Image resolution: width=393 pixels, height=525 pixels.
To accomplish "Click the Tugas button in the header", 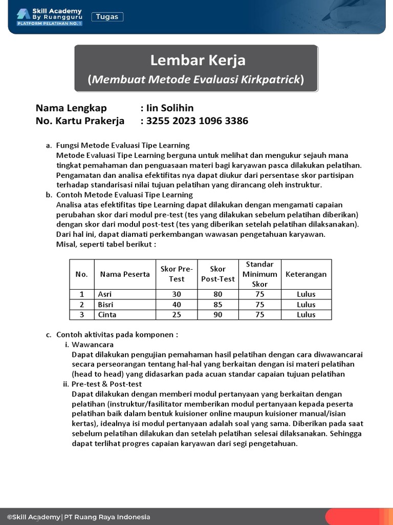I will pyautogui.click(x=107, y=17).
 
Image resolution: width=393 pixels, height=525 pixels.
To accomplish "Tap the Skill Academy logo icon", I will pyautogui.click(x=23, y=14).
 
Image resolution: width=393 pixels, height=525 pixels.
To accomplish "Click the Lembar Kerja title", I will pyautogui.click(x=198, y=60).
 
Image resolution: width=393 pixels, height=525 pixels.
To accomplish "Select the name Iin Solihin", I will pyautogui.click(x=170, y=108).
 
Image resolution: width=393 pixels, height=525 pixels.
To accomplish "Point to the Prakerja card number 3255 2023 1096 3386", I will pyautogui.click(x=197, y=121).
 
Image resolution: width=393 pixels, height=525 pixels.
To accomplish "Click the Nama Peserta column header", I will pyautogui.click(x=125, y=274).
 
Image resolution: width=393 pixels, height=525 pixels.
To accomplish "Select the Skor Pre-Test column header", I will pyautogui.click(x=177, y=274).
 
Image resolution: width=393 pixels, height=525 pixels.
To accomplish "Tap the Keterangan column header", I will pyautogui.click(x=306, y=274).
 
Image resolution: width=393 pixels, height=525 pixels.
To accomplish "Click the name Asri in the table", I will pyautogui.click(x=105, y=294).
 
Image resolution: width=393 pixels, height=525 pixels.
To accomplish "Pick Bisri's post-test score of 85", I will pyautogui.click(x=218, y=305).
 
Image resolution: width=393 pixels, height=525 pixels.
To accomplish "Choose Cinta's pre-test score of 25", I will pyautogui.click(x=177, y=315).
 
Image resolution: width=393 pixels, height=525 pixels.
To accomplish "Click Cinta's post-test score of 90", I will pyautogui.click(x=218, y=315).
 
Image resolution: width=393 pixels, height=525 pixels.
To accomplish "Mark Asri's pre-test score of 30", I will pyautogui.click(x=177, y=294).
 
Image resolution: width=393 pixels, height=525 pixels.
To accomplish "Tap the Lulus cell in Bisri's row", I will pyautogui.click(x=306, y=305).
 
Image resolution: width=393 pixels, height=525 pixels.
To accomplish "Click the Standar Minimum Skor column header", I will pyautogui.click(x=260, y=274).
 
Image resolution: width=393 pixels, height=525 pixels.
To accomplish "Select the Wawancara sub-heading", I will pyautogui.click(x=93, y=345).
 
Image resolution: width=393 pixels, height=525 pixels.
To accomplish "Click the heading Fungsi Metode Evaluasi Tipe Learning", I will pyautogui.click(x=123, y=146).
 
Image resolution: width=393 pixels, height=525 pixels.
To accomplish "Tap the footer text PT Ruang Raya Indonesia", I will pyautogui.click(x=107, y=517).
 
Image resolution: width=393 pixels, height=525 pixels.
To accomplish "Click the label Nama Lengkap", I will pyautogui.click(x=71, y=108).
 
